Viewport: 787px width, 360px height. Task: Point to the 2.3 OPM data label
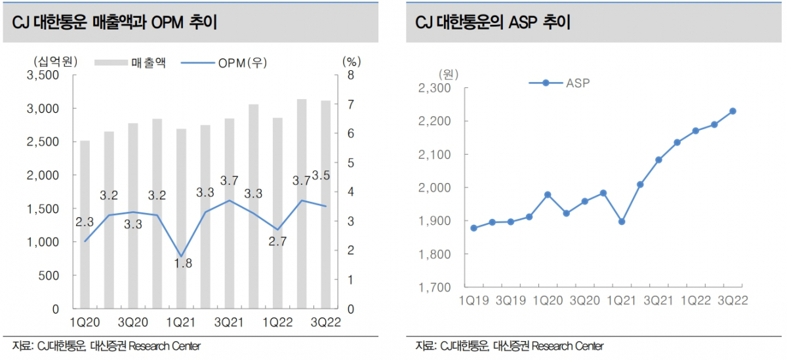(85, 222)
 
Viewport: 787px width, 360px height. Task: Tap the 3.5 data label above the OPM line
(321, 175)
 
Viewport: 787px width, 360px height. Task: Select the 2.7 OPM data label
(277, 241)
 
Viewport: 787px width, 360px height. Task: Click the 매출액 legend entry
(131, 63)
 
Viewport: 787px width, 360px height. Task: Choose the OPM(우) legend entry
(223, 63)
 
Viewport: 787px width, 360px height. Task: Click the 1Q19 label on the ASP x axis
(474, 299)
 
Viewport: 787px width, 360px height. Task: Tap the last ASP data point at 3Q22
(733, 111)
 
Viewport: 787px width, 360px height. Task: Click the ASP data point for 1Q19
(474, 228)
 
